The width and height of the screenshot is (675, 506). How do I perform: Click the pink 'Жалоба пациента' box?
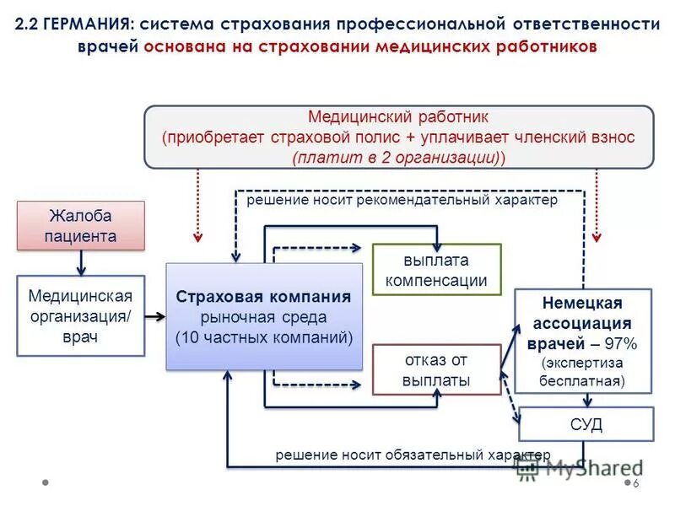click(x=82, y=225)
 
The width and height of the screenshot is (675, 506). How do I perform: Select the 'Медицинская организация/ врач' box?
click(x=80, y=316)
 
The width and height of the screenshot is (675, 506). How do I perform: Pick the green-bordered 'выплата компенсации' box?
click(x=436, y=270)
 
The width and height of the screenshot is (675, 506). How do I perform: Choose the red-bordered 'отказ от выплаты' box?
click(x=436, y=369)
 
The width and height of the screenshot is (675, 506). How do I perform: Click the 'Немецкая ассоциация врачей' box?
click(x=583, y=341)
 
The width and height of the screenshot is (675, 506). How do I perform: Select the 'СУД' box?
click(x=586, y=423)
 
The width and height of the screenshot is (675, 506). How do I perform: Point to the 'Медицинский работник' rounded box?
click(x=398, y=136)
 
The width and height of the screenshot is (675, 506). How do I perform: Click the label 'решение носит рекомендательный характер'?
click(x=402, y=201)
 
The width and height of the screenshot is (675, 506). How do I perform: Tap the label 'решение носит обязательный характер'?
click(x=413, y=455)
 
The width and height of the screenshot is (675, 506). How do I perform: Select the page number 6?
click(x=636, y=483)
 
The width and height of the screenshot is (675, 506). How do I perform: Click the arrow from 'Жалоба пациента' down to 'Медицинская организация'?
click(x=82, y=263)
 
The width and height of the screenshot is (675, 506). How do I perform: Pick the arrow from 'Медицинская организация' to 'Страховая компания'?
click(x=154, y=317)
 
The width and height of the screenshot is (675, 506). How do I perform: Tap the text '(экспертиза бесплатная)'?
click(x=583, y=371)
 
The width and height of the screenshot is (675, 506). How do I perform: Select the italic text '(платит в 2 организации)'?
click(x=398, y=157)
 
